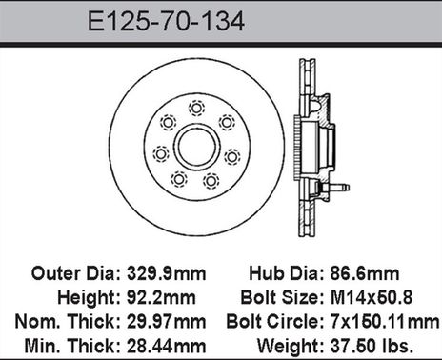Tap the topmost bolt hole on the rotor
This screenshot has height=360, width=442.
pos(196,107)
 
